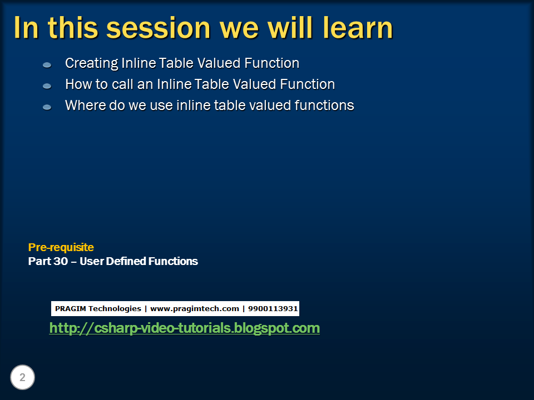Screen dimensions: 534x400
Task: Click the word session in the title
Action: [159, 28]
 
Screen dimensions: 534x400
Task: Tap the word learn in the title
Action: [358, 27]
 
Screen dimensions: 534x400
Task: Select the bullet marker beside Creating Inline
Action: [47, 64]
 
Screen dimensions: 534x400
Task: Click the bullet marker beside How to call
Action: [47, 86]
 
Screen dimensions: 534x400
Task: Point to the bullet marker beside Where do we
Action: [47, 107]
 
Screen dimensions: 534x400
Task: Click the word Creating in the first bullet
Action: [92, 63]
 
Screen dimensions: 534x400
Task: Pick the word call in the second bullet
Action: [122, 84]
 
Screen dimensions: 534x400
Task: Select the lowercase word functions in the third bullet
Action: [324, 106]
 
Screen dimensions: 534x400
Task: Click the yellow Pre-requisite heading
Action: [61, 247]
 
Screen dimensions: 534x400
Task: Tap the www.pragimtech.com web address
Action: [195, 309]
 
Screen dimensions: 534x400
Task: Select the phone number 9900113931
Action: [273, 308]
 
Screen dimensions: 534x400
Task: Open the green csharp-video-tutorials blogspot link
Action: [184, 328]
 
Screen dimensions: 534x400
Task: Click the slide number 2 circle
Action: [22, 377]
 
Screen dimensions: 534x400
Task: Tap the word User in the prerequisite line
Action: [92, 261]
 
